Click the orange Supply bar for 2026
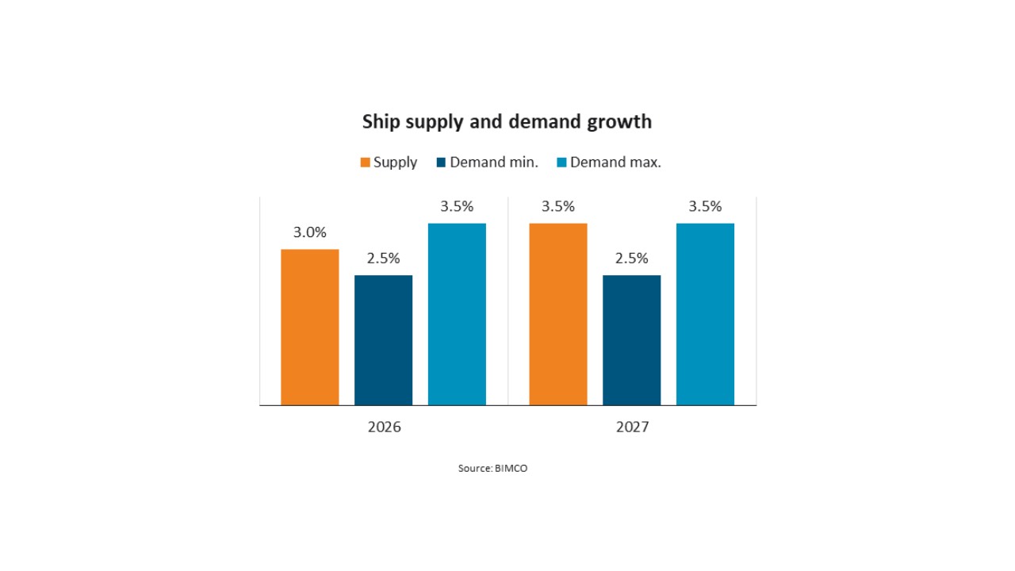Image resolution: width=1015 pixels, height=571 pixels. (x=310, y=328)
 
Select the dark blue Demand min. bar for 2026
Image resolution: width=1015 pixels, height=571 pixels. (x=383, y=340)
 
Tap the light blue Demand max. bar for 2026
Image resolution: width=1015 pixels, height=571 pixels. (x=457, y=314)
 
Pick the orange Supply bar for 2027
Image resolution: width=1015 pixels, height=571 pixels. (x=558, y=314)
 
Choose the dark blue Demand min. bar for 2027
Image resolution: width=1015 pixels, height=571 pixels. (x=632, y=340)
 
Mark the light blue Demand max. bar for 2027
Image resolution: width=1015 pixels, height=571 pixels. (x=705, y=314)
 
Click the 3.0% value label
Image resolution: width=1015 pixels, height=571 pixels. (x=310, y=232)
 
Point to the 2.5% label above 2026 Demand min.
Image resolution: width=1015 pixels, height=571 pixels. (x=383, y=259)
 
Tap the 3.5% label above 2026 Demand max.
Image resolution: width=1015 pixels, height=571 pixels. (x=457, y=207)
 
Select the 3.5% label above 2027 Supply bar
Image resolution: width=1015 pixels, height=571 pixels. (x=558, y=207)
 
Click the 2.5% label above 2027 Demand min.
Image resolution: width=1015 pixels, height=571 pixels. (x=632, y=259)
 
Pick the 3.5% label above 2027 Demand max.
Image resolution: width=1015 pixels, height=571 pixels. (x=705, y=207)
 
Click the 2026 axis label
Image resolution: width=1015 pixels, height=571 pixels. (x=385, y=427)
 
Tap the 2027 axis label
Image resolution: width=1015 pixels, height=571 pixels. (x=633, y=427)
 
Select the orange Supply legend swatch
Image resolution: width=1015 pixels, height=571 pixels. (x=366, y=163)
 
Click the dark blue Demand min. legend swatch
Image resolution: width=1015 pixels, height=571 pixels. (x=442, y=163)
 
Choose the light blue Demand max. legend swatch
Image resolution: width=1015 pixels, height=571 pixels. (x=562, y=163)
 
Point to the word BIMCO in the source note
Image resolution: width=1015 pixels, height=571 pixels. (x=511, y=468)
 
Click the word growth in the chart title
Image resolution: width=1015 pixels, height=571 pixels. (x=619, y=122)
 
